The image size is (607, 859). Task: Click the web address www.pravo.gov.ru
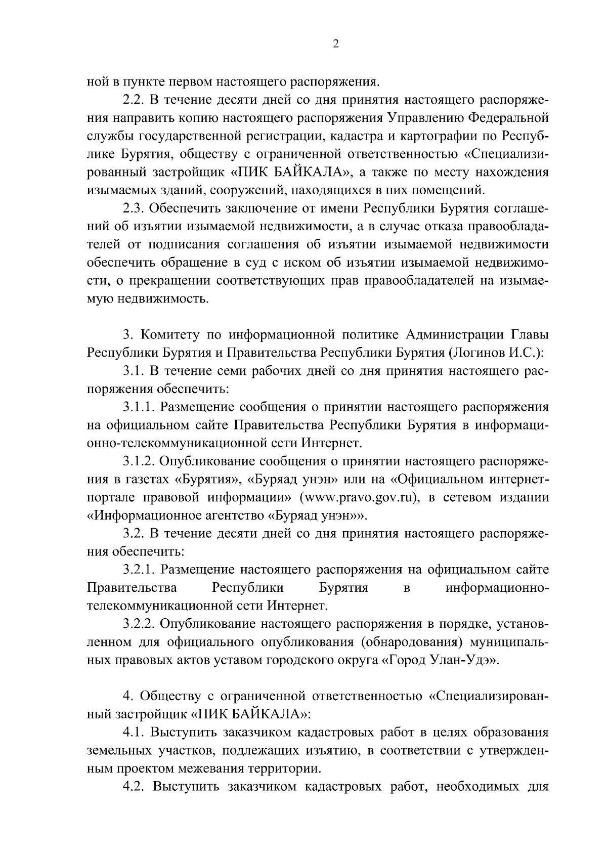point(360,497)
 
